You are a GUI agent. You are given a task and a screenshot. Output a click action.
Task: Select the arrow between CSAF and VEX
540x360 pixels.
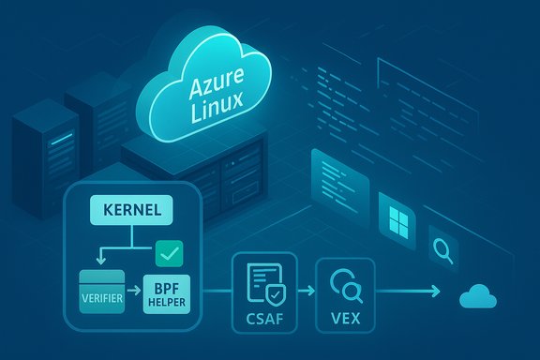pyautogui.click(x=304, y=292)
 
